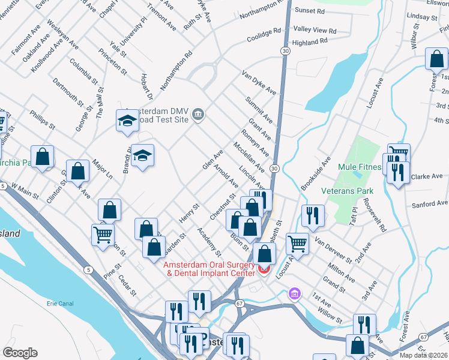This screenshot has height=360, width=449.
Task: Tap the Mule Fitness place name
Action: click(x=360, y=167)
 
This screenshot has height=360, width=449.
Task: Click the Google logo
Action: click(x=20, y=353)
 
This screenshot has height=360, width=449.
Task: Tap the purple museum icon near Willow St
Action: click(x=295, y=294)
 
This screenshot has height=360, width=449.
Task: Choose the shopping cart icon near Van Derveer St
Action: click(x=297, y=243)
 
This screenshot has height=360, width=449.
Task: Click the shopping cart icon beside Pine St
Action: click(x=103, y=234)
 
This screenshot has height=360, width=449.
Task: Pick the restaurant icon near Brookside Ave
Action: click(x=313, y=215)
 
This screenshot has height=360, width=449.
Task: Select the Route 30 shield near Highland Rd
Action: click(x=285, y=52)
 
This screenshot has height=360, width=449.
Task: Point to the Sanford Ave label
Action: click(x=430, y=204)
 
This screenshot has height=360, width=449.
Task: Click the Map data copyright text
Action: click(x=423, y=355)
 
